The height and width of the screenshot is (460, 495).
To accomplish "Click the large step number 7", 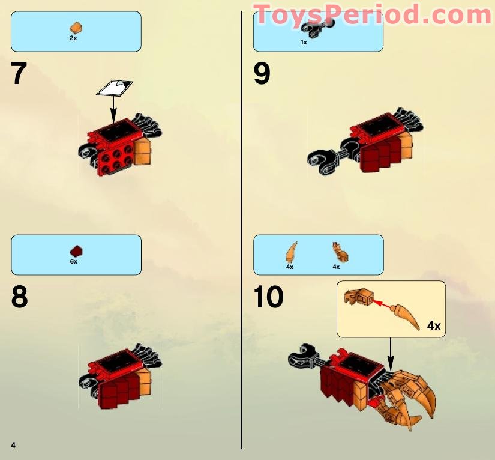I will tap(19, 74).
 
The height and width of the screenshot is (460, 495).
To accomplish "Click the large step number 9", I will tap(262, 74).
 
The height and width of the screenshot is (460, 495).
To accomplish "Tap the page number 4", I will tap(13, 444).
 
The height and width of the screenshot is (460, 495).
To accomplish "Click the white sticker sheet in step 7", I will tap(115, 88).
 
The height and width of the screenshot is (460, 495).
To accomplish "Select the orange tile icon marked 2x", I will tap(76, 28).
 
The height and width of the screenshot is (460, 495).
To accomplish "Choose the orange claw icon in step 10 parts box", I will tap(291, 250).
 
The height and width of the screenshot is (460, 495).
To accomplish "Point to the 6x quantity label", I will tap(73, 262).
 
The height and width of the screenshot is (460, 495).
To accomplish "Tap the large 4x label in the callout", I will tap(434, 326).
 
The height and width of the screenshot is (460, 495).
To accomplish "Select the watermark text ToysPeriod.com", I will tap(372, 14).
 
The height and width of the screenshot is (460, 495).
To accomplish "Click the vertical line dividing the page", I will tap(241, 240).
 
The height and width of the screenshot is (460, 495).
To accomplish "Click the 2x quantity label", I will tap(73, 38).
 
